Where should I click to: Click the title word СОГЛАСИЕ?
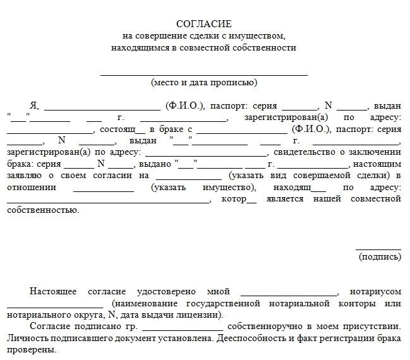click(204, 24)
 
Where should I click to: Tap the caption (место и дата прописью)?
click(204, 82)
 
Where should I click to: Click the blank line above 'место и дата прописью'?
click(204, 74)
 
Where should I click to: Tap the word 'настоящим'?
click(382, 164)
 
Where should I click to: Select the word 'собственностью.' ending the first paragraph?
click(43, 210)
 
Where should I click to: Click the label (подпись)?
click(379, 256)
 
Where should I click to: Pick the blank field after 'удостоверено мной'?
click(289, 292)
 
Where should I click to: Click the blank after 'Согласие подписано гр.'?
click(183, 328)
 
